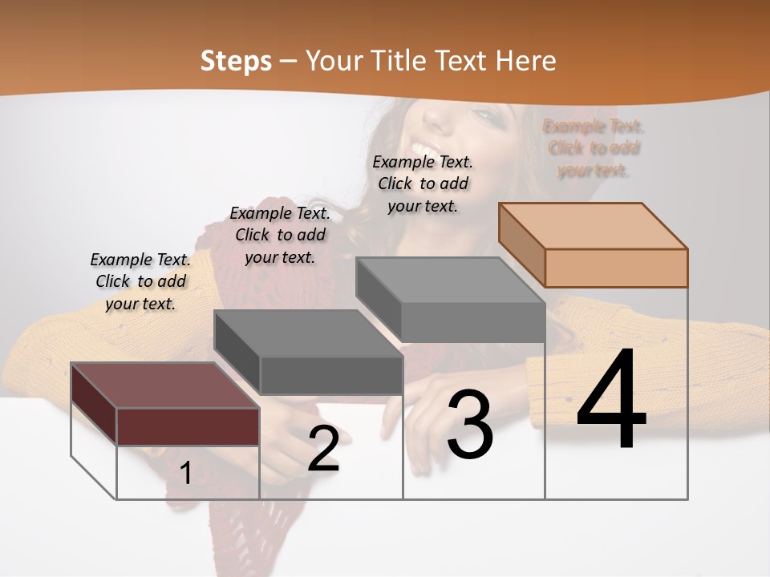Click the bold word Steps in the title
click(236, 61)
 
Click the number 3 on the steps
click(470, 425)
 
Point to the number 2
click(323, 449)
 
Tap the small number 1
click(185, 473)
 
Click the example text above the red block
click(140, 281)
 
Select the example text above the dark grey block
click(280, 235)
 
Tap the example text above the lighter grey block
click(423, 184)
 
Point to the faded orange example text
click(594, 148)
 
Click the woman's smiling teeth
click(424, 149)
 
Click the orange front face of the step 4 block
click(616, 268)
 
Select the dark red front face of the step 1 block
click(188, 426)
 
